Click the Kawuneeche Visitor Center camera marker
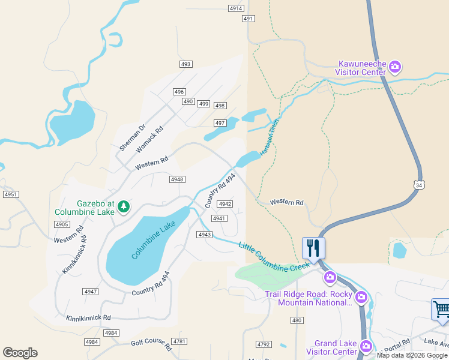click(x=395, y=66)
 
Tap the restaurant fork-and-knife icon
click(x=313, y=247)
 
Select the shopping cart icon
click(x=441, y=310)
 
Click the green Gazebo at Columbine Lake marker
click(x=124, y=206)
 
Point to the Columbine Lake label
click(x=154, y=240)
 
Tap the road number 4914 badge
click(x=236, y=8)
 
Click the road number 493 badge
click(x=185, y=64)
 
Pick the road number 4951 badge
click(x=11, y=194)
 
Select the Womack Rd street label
click(x=150, y=139)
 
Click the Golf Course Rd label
click(x=151, y=343)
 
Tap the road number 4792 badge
click(x=263, y=344)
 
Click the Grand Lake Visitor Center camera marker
click(x=363, y=345)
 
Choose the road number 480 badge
click(x=297, y=320)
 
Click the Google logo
click(x=20, y=353)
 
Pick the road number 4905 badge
click(x=61, y=224)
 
